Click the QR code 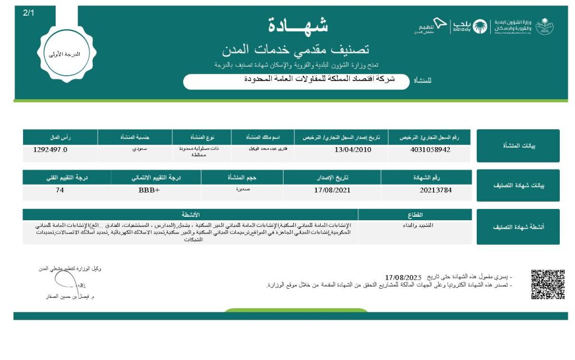pos(547,285)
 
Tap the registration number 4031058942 pos(431,150)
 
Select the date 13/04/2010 pos(352,150)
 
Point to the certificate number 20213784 pos(435,190)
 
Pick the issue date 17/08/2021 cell pos(332,190)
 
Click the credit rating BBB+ pos(149,190)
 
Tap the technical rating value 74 pos(60,190)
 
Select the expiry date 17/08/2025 pos(403,277)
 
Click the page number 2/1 pos(29,12)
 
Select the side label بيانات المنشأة pos(518,146)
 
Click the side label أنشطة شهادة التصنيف pos(518,227)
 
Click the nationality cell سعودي pos(134,149)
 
